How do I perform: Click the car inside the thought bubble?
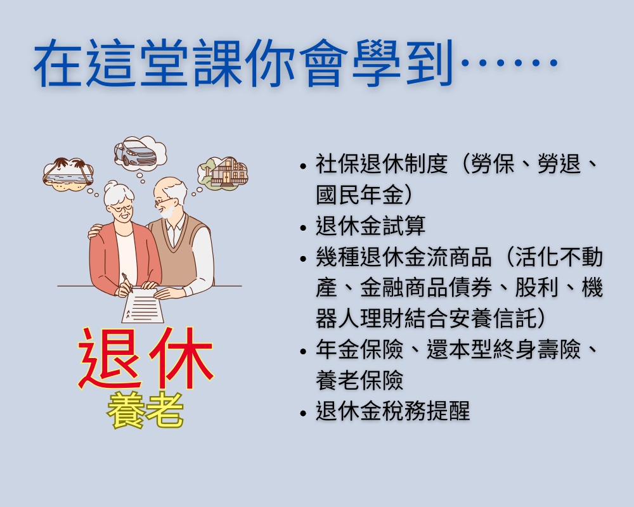coord(136,153)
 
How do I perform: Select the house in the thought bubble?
coord(228,172)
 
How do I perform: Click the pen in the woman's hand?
coord(127,282)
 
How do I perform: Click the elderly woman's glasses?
coord(121,209)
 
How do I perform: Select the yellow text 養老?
coord(145,411)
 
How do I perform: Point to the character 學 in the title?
coord(375,63)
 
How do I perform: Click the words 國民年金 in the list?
coord(360,195)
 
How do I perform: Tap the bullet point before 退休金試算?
coord(304,228)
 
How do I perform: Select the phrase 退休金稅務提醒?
coord(392,411)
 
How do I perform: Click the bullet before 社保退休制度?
coord(304,166)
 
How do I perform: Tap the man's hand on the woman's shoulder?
coord(94,231)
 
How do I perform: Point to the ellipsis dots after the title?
coord(510,63)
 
